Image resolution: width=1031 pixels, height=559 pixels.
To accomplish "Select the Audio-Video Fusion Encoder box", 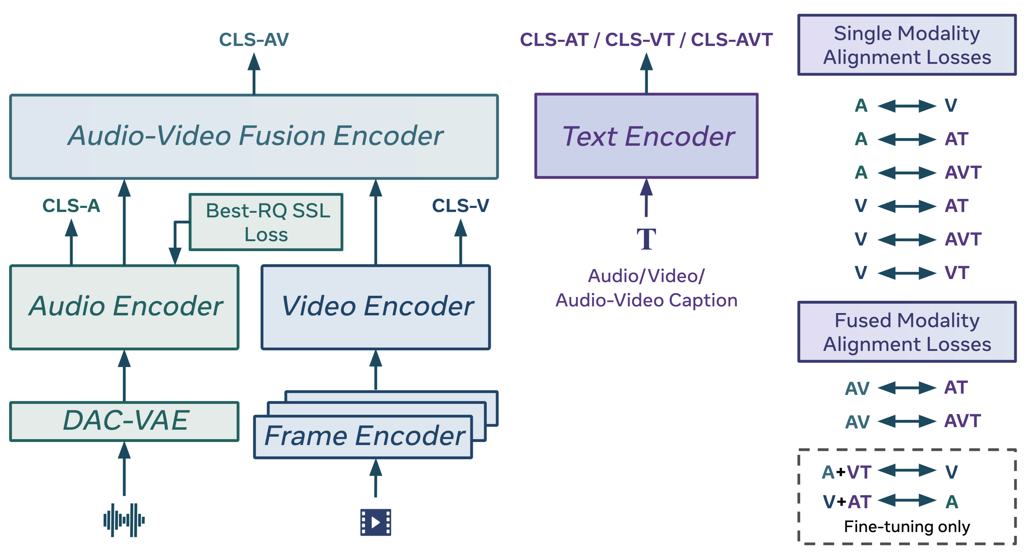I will [x=254, y=136].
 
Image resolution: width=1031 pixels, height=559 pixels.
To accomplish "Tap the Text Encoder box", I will [x=646, y=136].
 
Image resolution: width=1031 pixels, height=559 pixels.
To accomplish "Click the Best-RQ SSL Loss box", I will [x=266, y=222].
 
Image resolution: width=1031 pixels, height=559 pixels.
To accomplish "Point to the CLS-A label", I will [x=71, y=206].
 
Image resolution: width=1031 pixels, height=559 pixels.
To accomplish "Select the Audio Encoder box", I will [x=124, y=307].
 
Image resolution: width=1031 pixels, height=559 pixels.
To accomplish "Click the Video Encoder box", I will [x=375, y=307].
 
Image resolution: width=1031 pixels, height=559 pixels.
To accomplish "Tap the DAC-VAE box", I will [x=124, y=421].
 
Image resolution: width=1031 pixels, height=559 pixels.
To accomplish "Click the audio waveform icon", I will [x=124, y=520].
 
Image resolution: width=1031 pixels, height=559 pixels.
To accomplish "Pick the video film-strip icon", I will [x=375, y=522].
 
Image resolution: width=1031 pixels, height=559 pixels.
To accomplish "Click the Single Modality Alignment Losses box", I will [x=907, y=45].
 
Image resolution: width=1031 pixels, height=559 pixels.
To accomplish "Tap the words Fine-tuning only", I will [x=907, y=526].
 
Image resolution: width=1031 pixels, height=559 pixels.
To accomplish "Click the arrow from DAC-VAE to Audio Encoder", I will [x=124, y=376].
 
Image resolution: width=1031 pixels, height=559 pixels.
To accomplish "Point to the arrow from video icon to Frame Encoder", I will [x=375, y=478].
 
